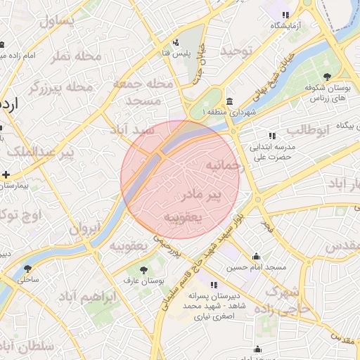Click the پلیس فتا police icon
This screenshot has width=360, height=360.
pyautogui.click(x=176, y=42)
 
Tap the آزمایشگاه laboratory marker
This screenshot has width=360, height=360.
pyautogui.click(x=285, y=15)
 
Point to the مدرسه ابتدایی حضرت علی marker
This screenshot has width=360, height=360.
pyautogui.click(x=271, y=136)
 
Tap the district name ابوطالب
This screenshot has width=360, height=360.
pyautogui.click(x=309, y=129)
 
